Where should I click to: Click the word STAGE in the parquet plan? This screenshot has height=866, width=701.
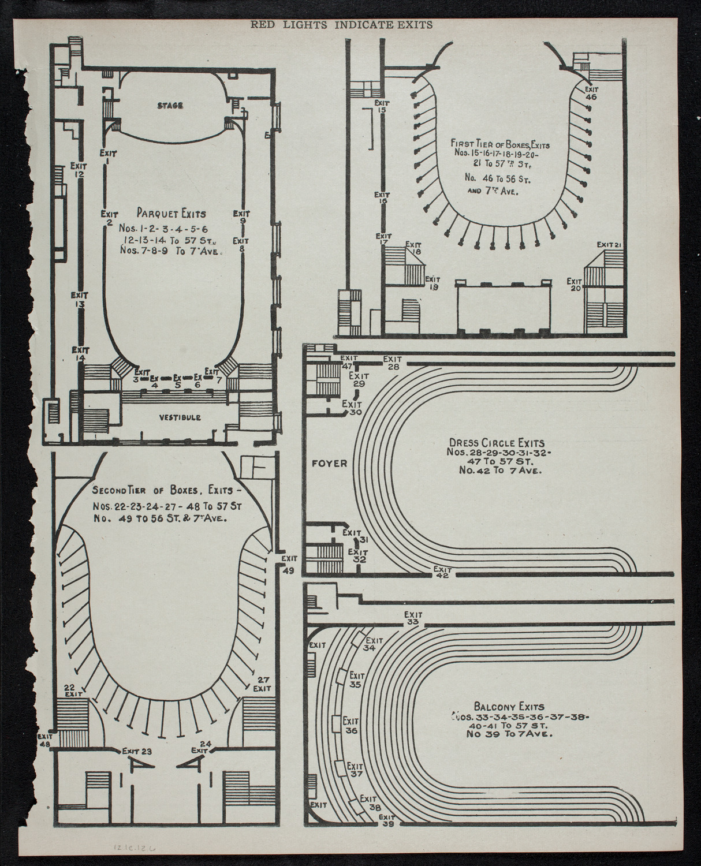169,105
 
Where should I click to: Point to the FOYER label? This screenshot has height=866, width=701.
330,464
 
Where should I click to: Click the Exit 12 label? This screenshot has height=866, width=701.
79,170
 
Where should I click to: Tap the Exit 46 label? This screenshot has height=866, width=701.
591,93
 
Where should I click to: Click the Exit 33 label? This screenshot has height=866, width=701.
413,618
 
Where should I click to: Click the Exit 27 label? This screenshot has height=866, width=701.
263,684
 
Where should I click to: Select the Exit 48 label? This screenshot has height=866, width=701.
44,740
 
